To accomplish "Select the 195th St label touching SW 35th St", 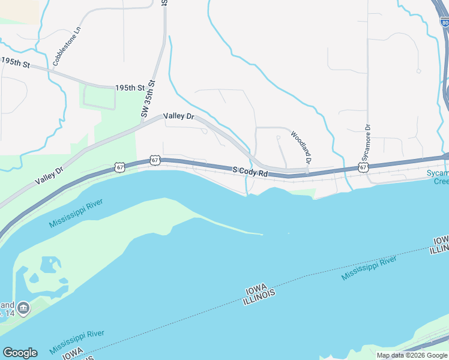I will [x=133, y=88].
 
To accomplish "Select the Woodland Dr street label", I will [x=301, y=148].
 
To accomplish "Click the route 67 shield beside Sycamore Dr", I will [x=364, y=167].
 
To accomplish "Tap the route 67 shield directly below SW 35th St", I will [x=155, y=160].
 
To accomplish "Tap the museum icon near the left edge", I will [x=23, y=308].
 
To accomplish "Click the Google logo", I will [x=20, y=353].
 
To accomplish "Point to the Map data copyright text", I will [x=412, y=355].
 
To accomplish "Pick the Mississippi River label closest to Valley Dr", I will [x=76, y=213].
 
